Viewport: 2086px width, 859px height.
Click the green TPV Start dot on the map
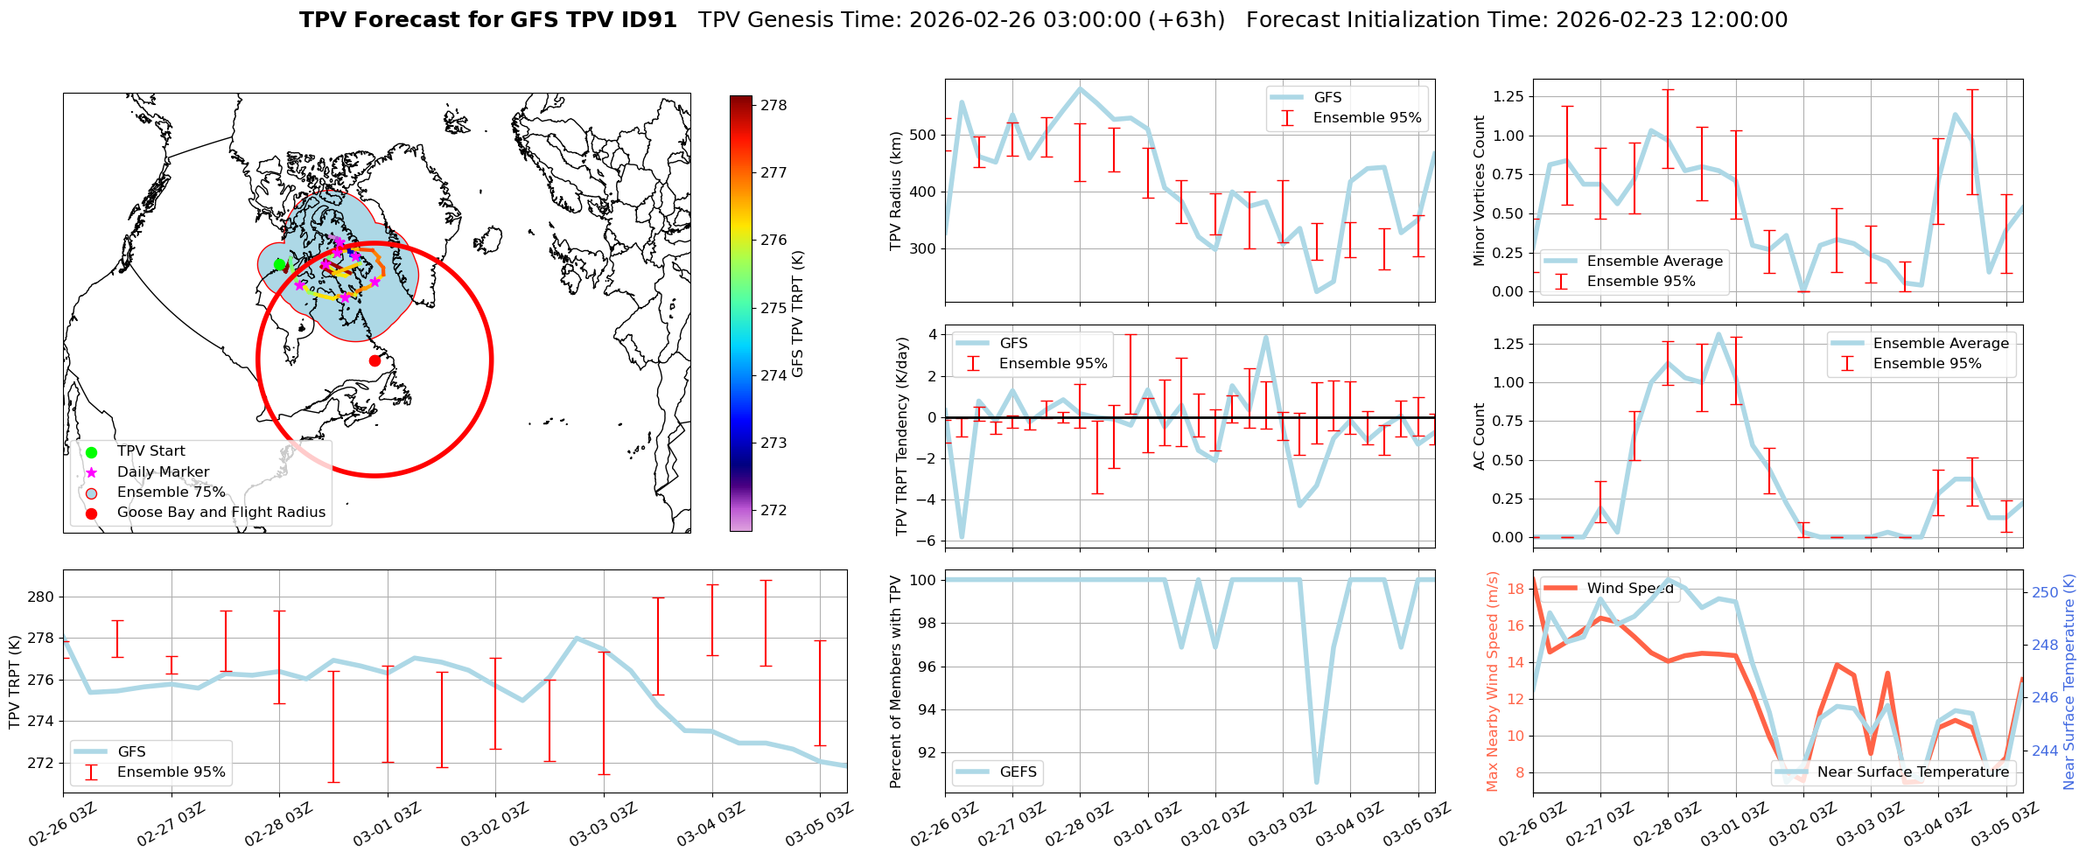[x=280, y=264]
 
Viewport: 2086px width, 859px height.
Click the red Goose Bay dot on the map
[x=374, y=360]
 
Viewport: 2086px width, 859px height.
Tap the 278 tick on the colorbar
[x=773, y=105]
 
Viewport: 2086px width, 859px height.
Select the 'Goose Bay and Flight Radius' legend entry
[x=220, y=513]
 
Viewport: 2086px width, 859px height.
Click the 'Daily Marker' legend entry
[x=163, y=472]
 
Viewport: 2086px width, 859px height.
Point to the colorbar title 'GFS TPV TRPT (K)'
[x=797, y=314]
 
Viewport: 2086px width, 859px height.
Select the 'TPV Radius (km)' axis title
[x=895, y=191]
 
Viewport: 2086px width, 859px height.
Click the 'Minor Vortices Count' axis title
[x=1480, y=191]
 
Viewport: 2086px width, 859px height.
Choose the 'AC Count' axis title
[x=1480, y=436]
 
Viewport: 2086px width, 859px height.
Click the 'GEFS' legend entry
[x=1018, y=772]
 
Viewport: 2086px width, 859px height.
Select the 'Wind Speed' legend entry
[x=1629, y=589]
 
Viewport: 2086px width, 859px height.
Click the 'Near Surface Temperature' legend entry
[x=1913, y=772]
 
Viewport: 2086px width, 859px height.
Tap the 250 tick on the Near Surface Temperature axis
[x=2045, y=592]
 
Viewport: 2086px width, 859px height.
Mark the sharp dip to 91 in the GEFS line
[x=1317, y=782]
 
